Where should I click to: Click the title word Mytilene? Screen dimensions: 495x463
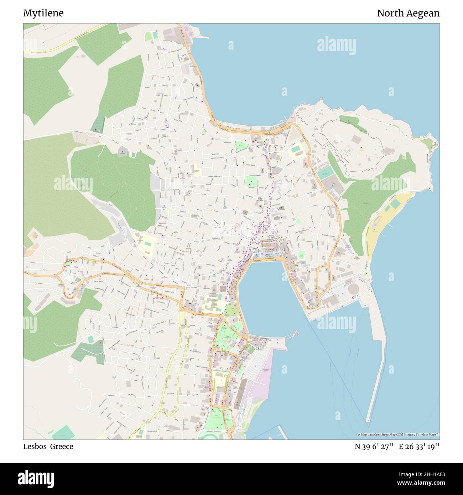click(43, 13)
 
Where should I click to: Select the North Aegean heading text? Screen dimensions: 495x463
click(408, 13)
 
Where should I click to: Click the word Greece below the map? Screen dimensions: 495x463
click(61, 447)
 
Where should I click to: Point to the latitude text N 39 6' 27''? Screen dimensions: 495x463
click(374, 447)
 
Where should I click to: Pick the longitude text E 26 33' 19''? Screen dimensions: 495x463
click(419, 447)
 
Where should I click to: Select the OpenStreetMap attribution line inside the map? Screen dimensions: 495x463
click(398, 434)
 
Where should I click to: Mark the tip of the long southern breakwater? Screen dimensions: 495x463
click(368, 421)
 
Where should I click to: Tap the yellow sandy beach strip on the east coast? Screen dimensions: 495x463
click(378, 228)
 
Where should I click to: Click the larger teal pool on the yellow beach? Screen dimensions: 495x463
click(396, 204)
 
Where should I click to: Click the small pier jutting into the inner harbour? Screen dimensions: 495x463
click(294, 334)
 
